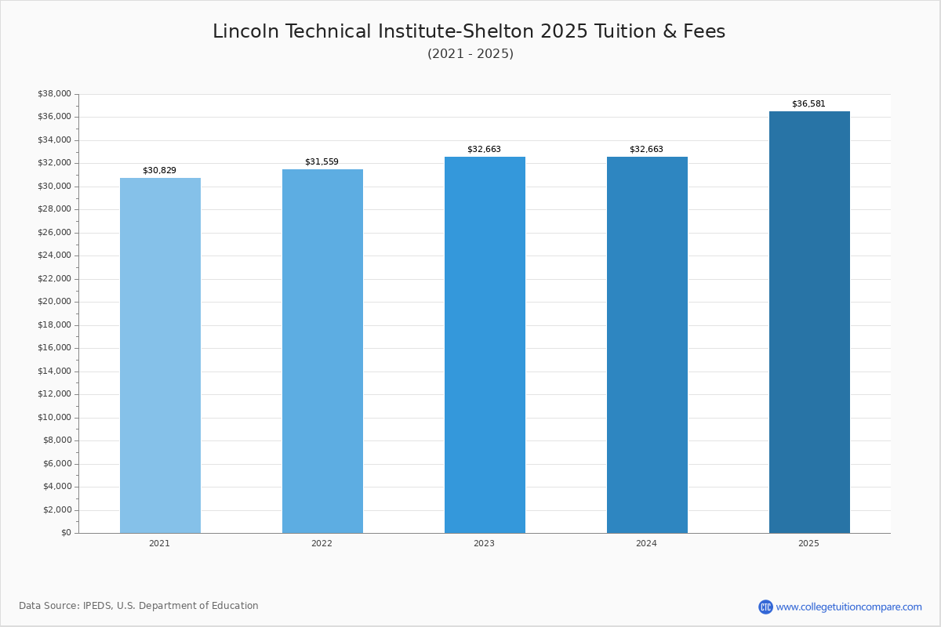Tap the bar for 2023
485,345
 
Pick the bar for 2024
647,345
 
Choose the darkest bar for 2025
809,322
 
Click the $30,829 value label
159,171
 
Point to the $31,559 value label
322,162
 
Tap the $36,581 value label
808,104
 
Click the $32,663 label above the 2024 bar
646,150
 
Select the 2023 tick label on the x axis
484,544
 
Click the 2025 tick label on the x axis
808,544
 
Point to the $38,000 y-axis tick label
54,94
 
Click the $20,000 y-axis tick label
54,302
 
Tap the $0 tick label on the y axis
66,533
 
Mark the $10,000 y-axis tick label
54,417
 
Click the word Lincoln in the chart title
245,32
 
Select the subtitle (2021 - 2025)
470,54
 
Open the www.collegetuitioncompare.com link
848,607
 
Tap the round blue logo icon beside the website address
765,607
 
